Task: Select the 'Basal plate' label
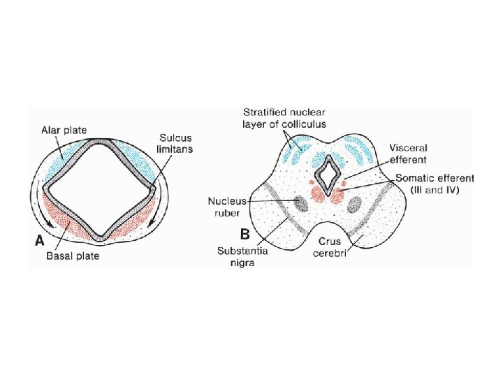[73, 256]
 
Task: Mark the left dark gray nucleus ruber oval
[301, 203]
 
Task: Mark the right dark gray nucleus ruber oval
[355, 204]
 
